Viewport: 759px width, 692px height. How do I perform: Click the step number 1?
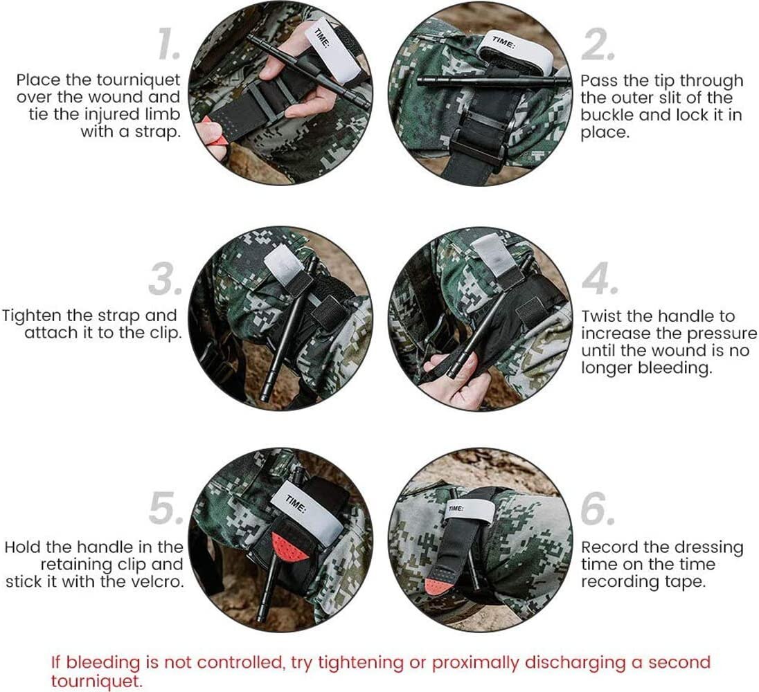pyautogui.click(x=169, y=46)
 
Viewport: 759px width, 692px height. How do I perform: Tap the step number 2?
pyautogui.click(x=598, y=46)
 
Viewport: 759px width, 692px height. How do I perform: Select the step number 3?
pyautogui.click(x=166, y=281)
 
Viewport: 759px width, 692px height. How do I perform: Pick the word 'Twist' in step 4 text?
pyautogui.click(x=601, y=316)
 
